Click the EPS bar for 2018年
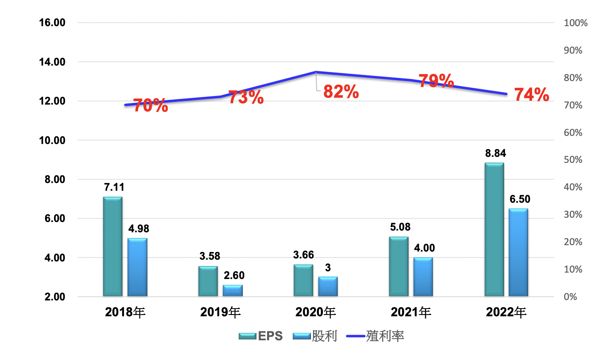tap(113, 246)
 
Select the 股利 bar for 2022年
tap(518, 252)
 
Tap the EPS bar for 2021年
tap(399, 266)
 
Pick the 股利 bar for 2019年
tap(232, 291)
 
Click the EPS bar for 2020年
tap(303, 280)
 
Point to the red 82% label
tap(341, 92)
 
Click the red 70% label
tap(150, 105)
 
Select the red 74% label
tap(531, 95)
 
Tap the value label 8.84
tap(494, 154)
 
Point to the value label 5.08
tap(399, 227)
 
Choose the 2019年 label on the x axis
tap(220, 312)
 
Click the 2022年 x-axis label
tap(506, 312)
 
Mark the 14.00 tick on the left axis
tap(52, 62)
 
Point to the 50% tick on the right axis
tap(573, 160)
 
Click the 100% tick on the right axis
tap(575, 23)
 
